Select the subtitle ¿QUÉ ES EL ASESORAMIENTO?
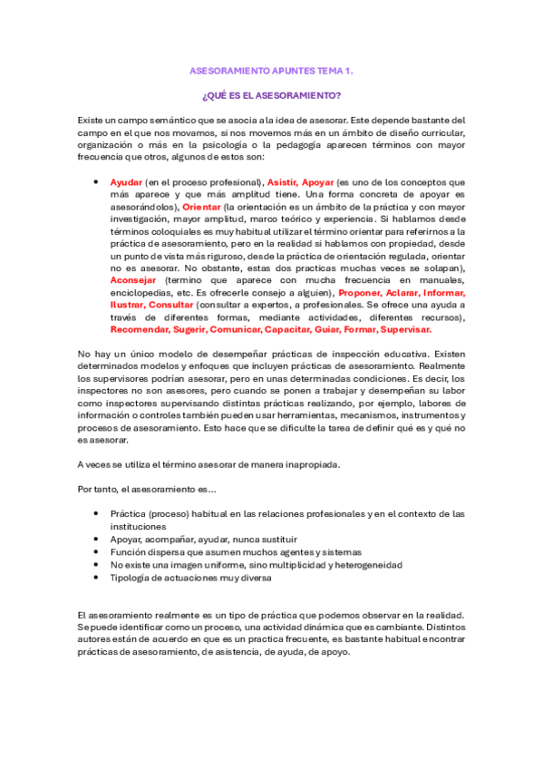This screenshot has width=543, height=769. tap(271, 94)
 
